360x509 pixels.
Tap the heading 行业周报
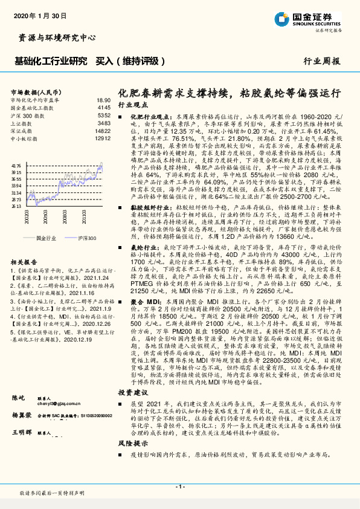tap(322, 61)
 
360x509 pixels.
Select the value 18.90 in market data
tap(103, 100)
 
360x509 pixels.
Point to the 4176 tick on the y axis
tap(16, 164)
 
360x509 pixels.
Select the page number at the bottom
tap(179, 487)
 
